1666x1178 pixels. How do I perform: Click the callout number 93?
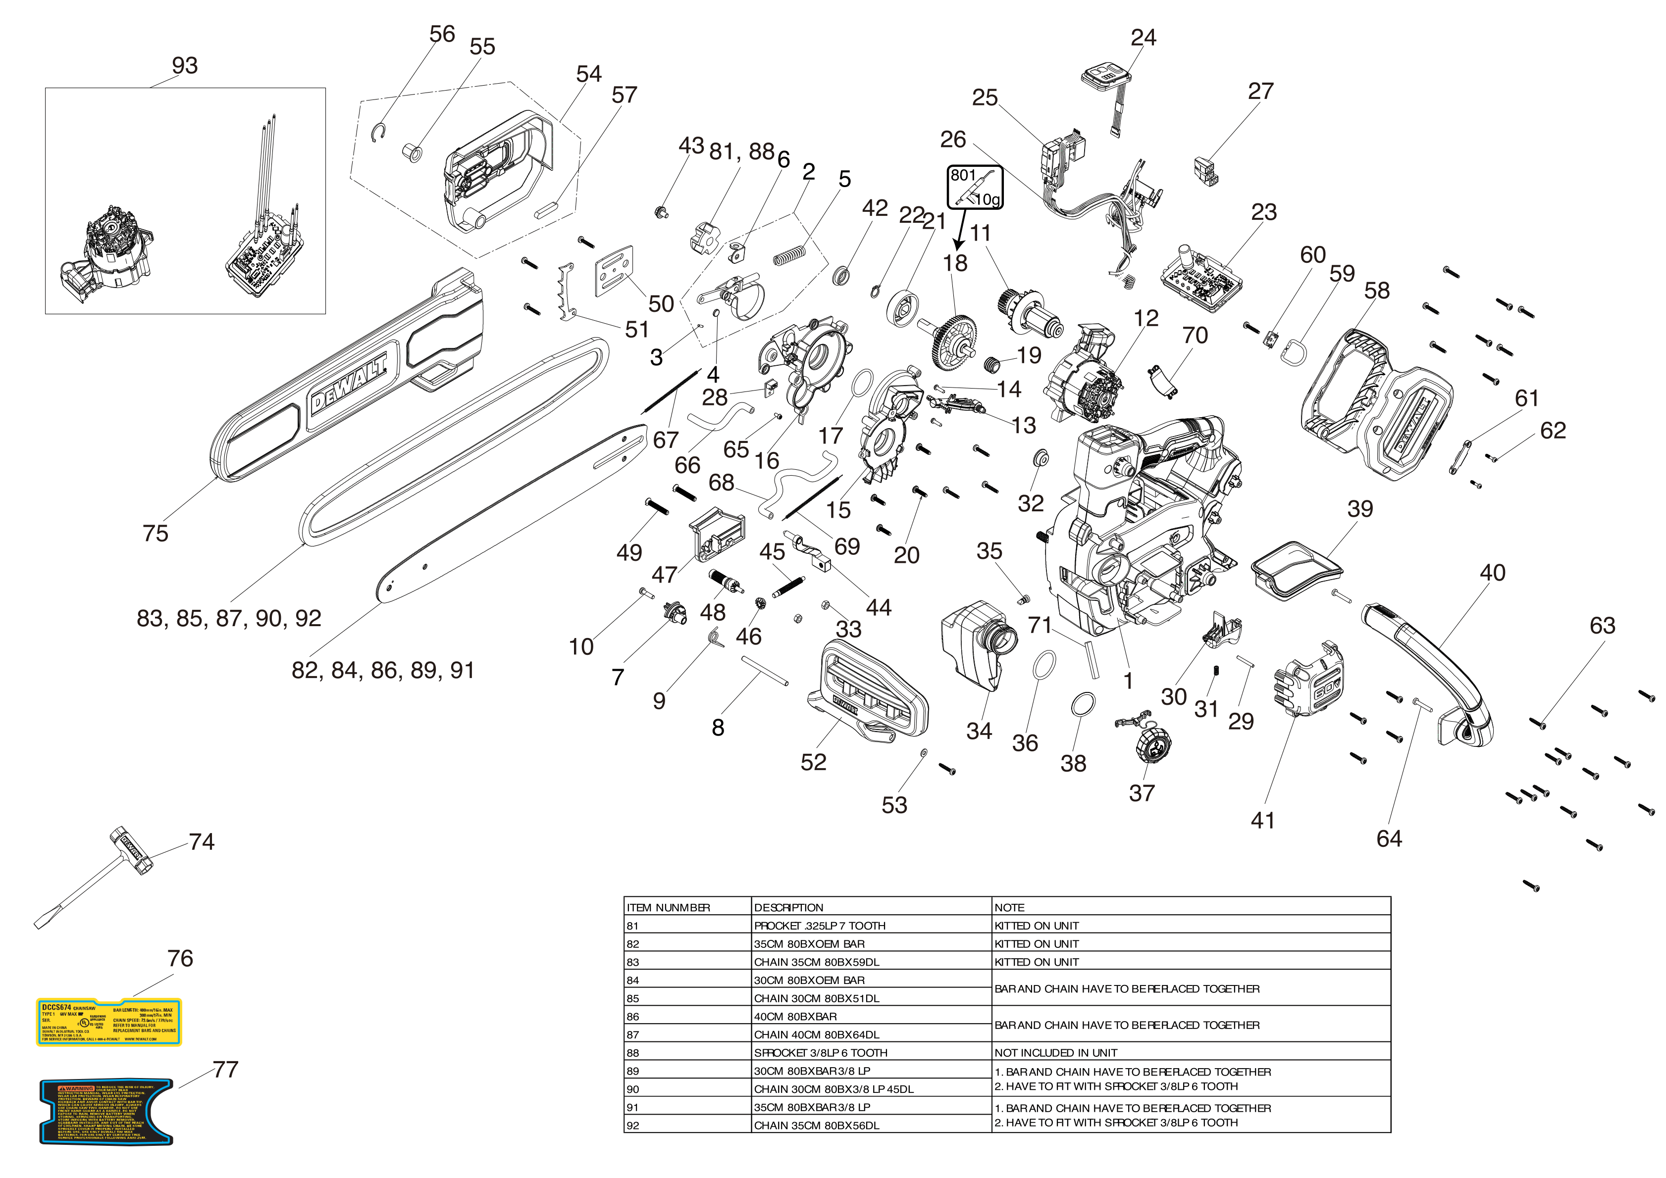pos(184,65)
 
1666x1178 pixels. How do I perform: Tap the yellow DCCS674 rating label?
pos(109,1022)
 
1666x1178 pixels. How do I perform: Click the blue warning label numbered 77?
pos(106,1111)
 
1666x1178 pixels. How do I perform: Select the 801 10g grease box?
pos(975,187)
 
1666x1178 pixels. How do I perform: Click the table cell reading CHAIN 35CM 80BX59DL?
pos(816,962)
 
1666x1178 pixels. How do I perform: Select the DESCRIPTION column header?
pos(789,907)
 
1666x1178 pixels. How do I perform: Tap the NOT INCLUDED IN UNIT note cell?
pos(1056,1052)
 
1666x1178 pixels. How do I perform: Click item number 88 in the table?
pos(633,1052)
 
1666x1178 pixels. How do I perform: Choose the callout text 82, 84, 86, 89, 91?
pos(382,670)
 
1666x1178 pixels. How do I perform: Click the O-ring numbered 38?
pos(1083,704)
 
